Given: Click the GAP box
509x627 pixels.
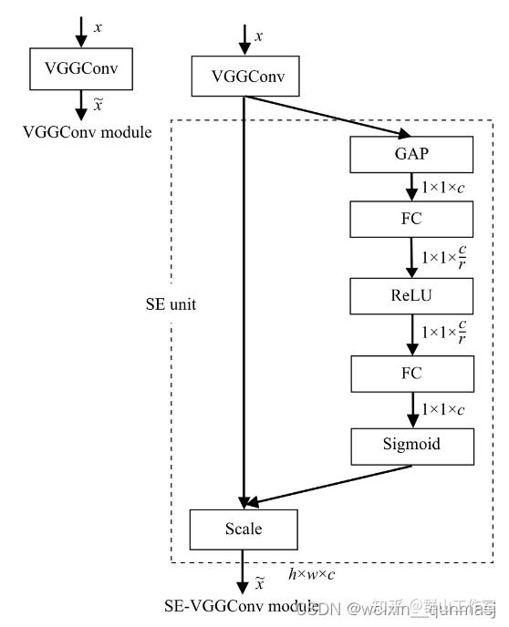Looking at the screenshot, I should click(x=412, y=154).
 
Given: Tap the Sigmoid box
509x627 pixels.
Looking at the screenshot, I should click(x=412, y=446).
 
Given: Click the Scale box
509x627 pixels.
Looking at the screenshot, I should click(x=244, y=528).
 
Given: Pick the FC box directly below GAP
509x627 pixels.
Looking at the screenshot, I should click(x=412, y=220).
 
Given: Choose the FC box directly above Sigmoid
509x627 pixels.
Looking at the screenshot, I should click(x=412, y=373).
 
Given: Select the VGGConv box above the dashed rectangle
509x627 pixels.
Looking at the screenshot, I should click(x=244, y=77).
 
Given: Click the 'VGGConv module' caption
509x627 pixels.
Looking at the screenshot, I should click(x=87, y=132).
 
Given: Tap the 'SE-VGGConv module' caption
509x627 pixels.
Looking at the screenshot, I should click(x=242, y=606).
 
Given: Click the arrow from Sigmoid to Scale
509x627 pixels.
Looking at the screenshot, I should click(x=328, y=485).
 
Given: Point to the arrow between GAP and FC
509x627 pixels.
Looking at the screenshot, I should click(x=412, y=187).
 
